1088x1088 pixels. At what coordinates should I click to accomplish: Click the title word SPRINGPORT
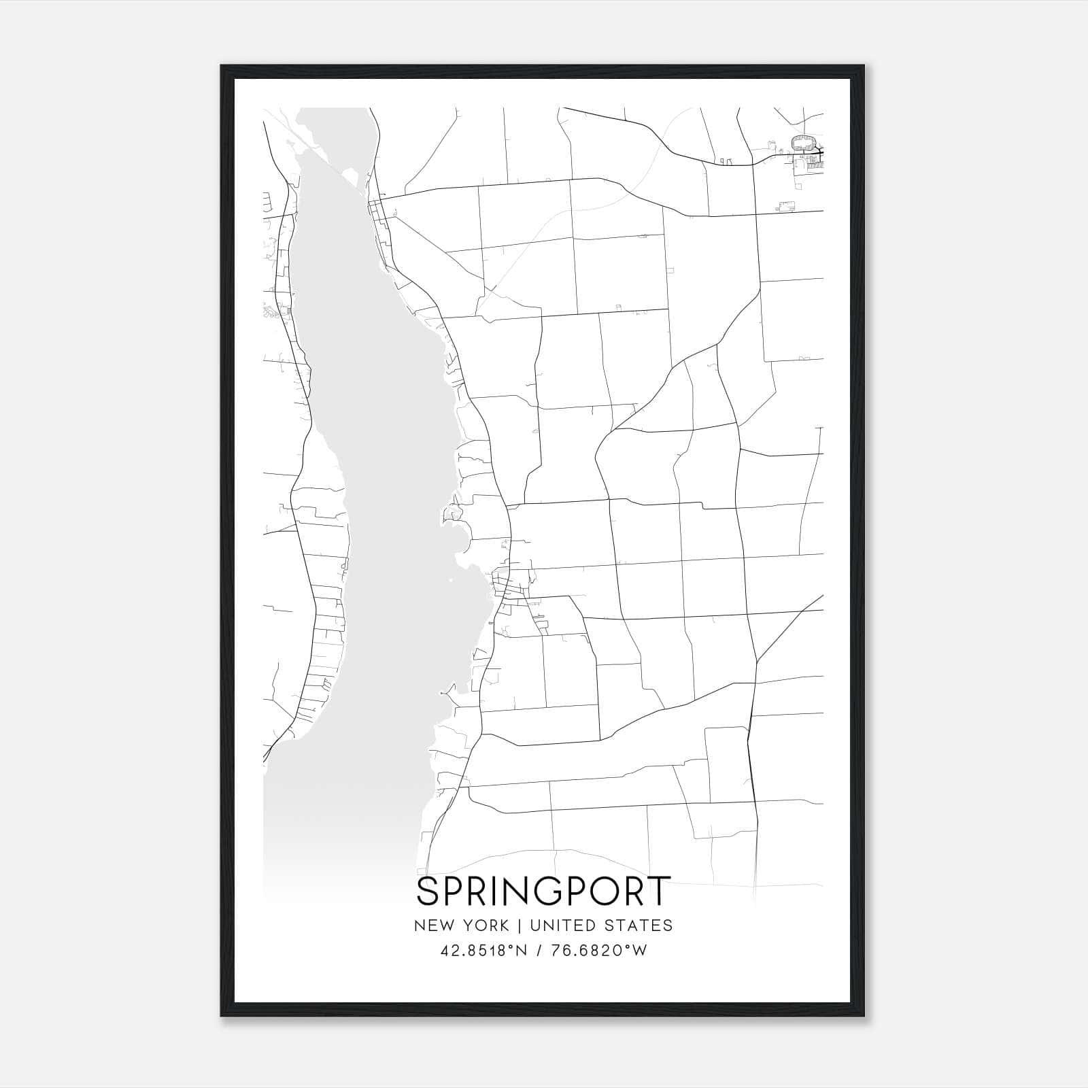543,891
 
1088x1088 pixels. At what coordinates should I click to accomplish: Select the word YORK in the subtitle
485,925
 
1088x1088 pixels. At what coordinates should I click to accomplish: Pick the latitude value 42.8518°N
483,951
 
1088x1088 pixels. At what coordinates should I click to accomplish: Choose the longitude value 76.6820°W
597,951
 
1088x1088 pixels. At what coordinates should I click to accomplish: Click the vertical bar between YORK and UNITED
519,925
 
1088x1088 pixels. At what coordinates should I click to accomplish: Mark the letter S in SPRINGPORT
428,891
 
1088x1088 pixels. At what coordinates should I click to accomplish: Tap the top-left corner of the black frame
222,67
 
